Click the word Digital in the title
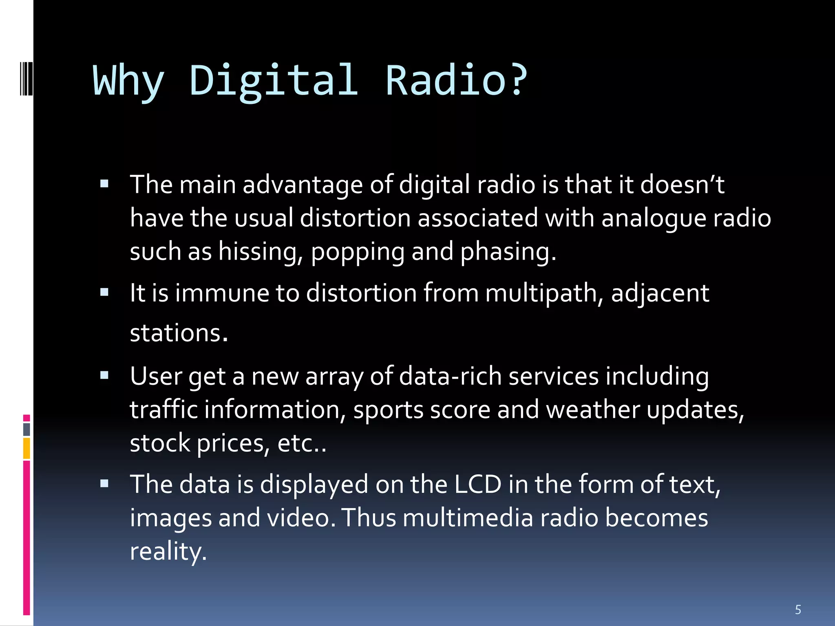274,81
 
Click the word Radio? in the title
456,81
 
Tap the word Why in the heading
128,82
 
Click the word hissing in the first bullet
261,251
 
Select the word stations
179,333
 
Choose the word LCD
477,485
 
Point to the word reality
168,552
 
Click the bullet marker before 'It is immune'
104,292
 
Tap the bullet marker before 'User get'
104,375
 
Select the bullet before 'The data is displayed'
104,484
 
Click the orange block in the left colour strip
27,448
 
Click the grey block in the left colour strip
27,429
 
